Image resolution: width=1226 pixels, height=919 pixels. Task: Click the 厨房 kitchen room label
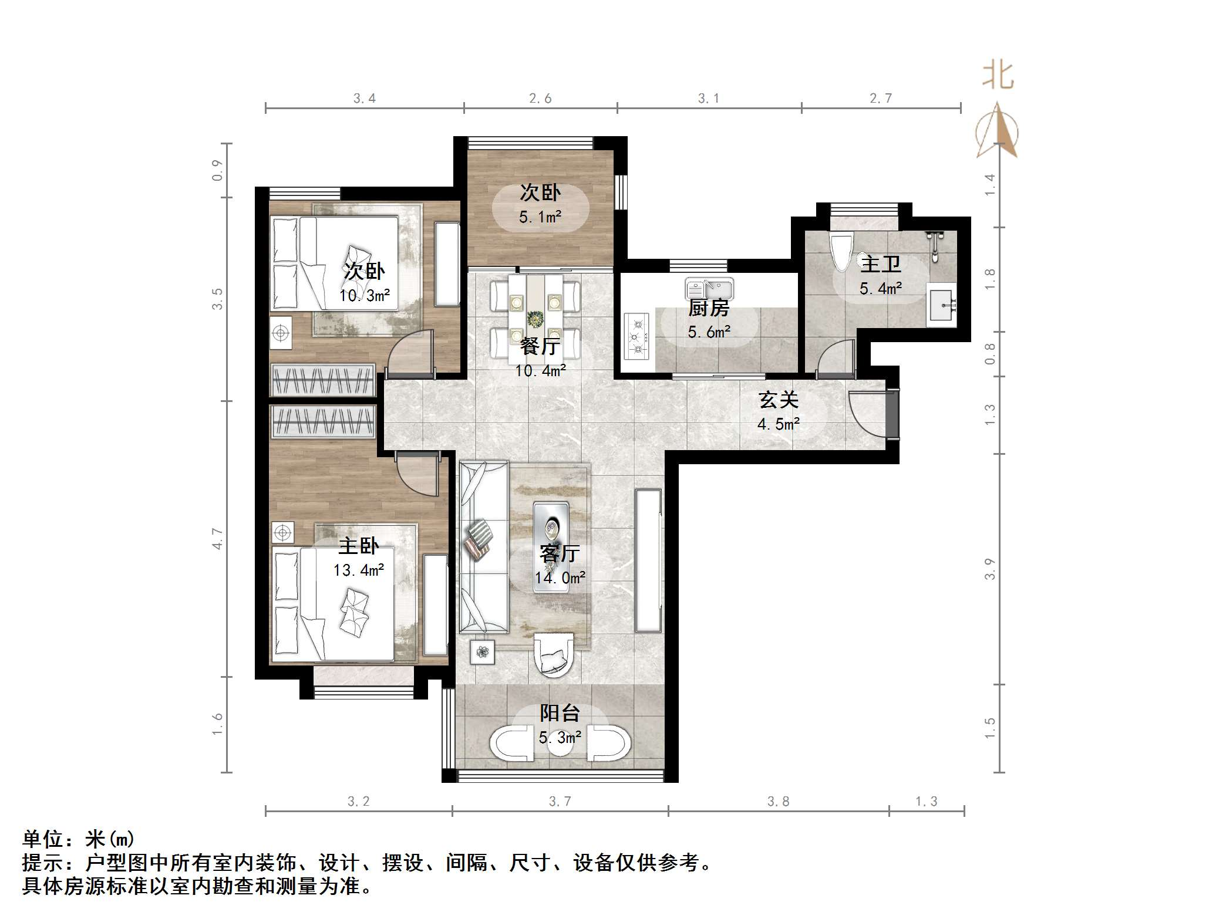pos(709,308)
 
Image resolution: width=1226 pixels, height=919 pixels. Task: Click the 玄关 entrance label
pos(779,400)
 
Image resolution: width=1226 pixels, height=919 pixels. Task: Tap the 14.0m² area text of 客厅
pos(560,578)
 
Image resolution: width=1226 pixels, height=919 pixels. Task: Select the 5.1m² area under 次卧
pos(540,218)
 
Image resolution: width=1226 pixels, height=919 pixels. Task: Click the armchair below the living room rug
pos(553,654)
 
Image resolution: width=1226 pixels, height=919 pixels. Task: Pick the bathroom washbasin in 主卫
pos(941,304)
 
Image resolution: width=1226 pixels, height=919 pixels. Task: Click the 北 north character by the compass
pos(998,76)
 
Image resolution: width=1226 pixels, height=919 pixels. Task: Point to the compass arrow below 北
pos(998,132)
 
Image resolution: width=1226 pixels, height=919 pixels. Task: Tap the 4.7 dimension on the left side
pos(218,539)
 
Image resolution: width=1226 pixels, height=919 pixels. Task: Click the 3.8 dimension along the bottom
pos(778,801)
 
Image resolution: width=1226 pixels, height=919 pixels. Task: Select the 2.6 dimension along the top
pos(540,99)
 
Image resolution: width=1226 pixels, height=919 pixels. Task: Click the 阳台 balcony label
pos(560,713)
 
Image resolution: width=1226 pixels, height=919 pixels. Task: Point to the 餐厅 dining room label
pos(540,346)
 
